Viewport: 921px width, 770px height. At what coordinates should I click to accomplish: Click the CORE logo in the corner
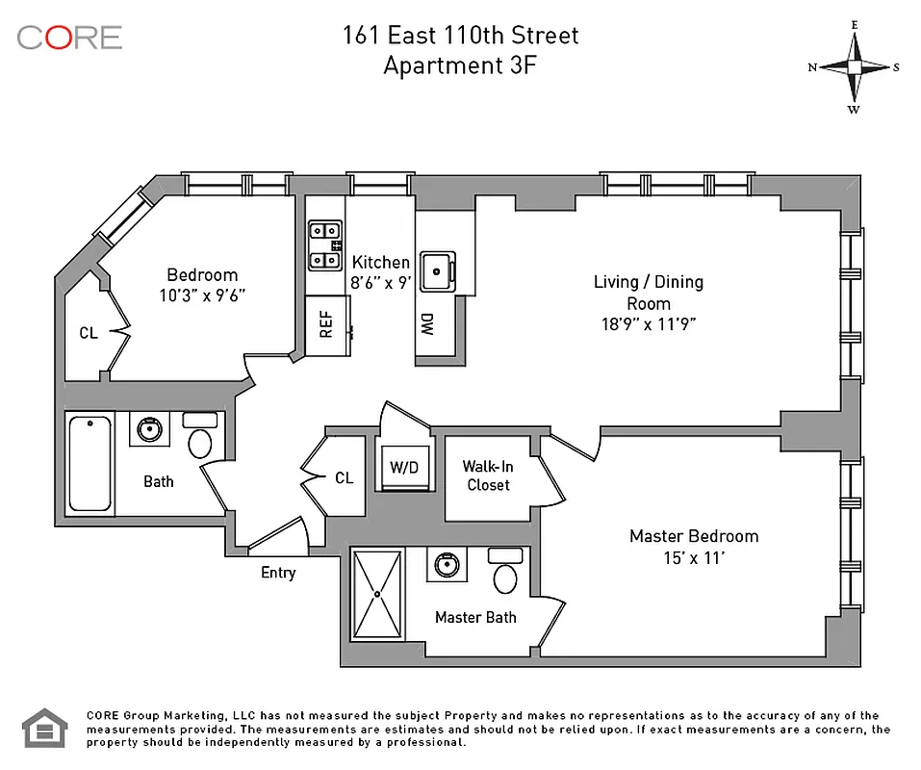point(69,38)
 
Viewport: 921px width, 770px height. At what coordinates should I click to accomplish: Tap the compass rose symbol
point(854,66)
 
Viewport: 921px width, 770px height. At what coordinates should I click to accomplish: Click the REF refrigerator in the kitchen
point(326,325)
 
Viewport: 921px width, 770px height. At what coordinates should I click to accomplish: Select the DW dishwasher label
point(426,325)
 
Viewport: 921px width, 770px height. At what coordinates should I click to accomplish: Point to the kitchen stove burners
point(324,245)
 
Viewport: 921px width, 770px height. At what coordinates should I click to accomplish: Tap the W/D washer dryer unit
point(404,468)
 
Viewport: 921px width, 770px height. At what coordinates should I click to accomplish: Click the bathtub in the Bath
point(90,463)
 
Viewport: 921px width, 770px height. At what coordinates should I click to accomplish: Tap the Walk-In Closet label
point(489,475)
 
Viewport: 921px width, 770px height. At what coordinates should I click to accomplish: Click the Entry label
point(278,573)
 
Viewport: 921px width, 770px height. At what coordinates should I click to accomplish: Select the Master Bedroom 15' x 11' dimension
point(694,557)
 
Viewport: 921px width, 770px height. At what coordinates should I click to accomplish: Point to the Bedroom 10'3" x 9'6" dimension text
point(202,295)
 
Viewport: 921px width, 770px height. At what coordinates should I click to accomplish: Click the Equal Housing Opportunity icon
point(41,729)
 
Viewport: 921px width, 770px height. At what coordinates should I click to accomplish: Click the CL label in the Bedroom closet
point(89,333)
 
